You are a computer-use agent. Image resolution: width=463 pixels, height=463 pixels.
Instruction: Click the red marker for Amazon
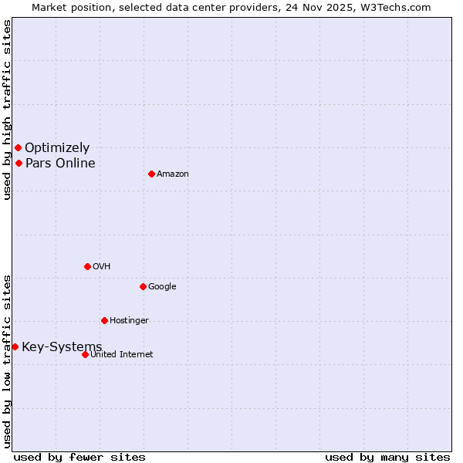click(x=151, y=174)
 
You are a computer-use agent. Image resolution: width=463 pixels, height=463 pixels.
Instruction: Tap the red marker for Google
click(x=143, y=286)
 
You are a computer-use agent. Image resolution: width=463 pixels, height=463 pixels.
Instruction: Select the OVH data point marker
click(x=87, y=266)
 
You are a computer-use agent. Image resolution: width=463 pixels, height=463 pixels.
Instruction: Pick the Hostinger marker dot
click(x=104, y=320)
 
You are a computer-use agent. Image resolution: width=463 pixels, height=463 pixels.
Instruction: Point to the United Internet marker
click(x=85, y=354)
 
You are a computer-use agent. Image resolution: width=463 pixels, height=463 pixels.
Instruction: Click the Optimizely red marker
click(x=18, y=147)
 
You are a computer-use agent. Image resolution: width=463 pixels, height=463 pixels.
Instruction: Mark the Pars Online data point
click(x=19, y=163)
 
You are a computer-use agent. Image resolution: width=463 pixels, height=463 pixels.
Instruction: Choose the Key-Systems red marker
click(x=15, y=346)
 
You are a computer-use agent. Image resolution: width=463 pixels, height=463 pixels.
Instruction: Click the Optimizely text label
click(x=57, y=147)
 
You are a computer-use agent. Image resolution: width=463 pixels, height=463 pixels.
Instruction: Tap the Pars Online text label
click(x=60, y=163)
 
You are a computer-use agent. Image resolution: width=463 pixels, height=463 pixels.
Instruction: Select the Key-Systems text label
click(x=62, y=346)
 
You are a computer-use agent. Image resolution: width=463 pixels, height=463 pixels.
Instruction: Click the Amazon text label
click(x=173, y=174)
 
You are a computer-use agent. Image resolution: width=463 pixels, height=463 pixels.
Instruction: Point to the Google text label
click(x=162, y=286)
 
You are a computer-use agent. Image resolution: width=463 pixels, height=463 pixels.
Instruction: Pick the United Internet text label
click(x=122, y=354)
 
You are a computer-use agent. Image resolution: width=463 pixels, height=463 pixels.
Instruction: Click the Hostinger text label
click(x=129, y=320)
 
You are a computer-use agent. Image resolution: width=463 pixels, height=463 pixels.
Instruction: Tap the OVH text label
click(x=102, y=266)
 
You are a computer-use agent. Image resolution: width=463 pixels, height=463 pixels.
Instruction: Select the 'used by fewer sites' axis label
click(x=79, y=457)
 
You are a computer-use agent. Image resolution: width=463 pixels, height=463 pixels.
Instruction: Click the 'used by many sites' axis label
click(x=387, y=457)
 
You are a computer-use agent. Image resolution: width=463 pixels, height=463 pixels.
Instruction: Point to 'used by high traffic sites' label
click(x=7, y=110)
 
